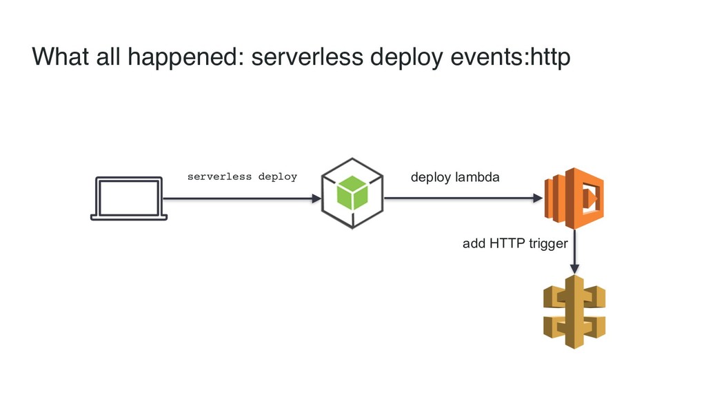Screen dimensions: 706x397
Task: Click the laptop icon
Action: [x=129, y=198]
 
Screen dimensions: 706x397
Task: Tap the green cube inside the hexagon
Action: [x=352, y=193]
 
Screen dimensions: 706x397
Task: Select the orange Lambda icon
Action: [x=574, y=198]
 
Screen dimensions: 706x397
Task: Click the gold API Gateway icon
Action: [x=574, y=312]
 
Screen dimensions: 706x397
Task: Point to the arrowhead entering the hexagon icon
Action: [x=316, y=198]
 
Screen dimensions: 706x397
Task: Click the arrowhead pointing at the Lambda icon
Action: [x=538, y=198]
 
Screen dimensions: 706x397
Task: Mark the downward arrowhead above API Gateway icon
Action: [x=574, y=269]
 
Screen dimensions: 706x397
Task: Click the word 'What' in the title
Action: [x=60, y=57]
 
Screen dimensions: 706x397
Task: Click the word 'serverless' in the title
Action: [x=307, y=57]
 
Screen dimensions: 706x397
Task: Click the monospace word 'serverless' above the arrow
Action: [x=219, y=176]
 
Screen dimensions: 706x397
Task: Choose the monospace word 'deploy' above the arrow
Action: [x=278, y=177]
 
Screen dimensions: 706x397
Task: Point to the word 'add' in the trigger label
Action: [x=474, y=243]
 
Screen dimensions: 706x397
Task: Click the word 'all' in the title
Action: [x=108, y=57]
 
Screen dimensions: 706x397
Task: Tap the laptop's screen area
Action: [x=129, y=197]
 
